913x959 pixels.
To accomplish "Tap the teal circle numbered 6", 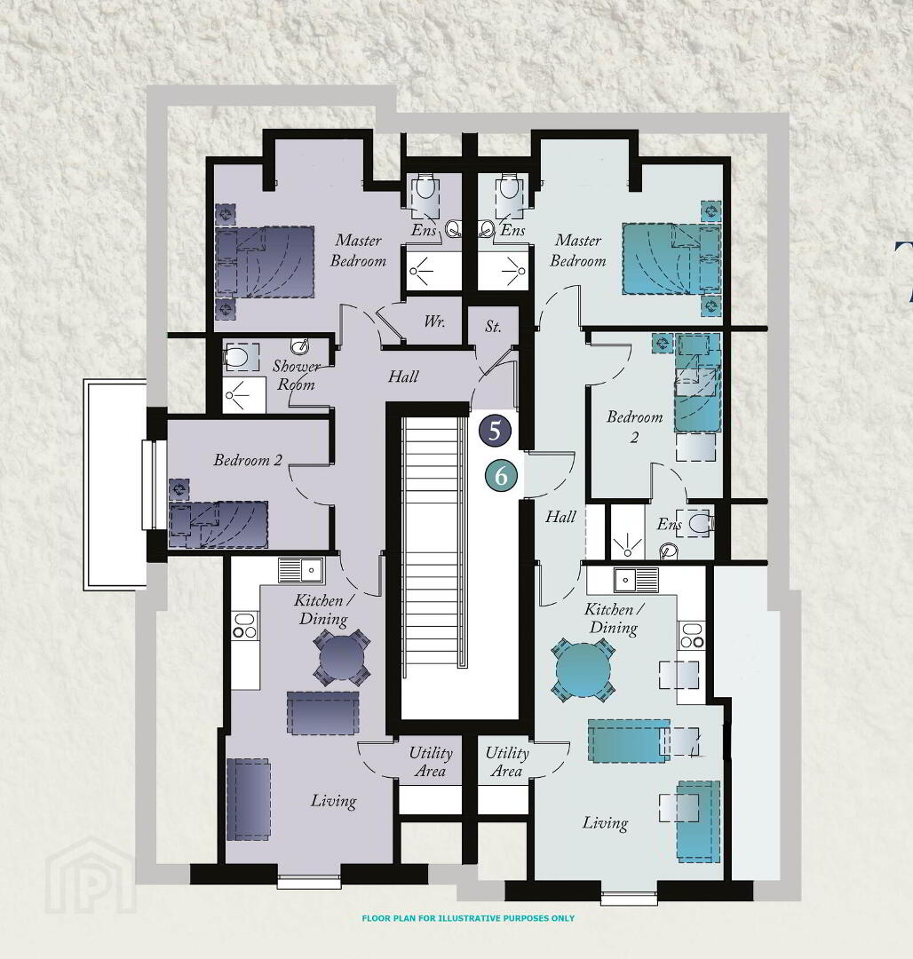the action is pyautogui.click(x=501, y=475).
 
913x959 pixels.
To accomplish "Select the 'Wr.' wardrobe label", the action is pyautogui.click(x=434, y=321).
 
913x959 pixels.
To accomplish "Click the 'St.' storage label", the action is pyautogui.click(x=493, y=327).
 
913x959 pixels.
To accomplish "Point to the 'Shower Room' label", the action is pyautogui.click(x=296, y=375).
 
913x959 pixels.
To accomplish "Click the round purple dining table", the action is pyautogui.click(x=342, y=657).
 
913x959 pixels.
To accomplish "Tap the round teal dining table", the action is pyautogui.click(x=583, y=670).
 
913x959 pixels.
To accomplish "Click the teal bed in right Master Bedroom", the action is pyautogui.click(x=671, y=258).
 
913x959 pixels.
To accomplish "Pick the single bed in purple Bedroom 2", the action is pyautogui.click(x=218, y=525).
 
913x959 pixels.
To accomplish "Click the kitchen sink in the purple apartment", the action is pyautogui.click(x=301, y=571).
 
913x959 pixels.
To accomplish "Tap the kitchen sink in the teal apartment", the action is pyautogui.click(x=637, y=580).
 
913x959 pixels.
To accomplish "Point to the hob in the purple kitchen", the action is pyautogui.click(x=244, y=626).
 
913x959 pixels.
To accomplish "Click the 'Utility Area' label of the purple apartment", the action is pyautogui.click(x=431, y=762).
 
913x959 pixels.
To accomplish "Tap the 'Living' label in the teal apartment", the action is pyautogui.click(x=605, y=823).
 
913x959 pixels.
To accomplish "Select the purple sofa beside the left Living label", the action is pyautogui.click(x=249, y=799).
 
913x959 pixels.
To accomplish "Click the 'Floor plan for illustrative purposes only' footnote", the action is pyautogui.click(x=468, y=918).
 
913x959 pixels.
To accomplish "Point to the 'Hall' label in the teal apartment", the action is pyautogui.click(x=560, y=517).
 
